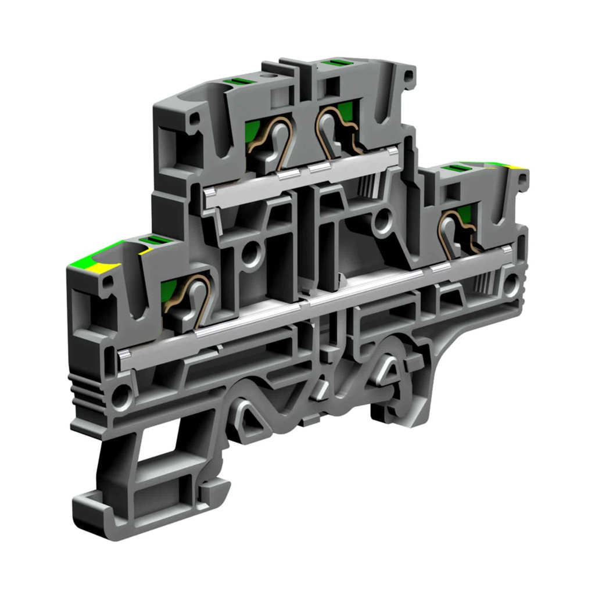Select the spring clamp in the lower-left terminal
[x=192, y=296]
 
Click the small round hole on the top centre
[x=268, y=76]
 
